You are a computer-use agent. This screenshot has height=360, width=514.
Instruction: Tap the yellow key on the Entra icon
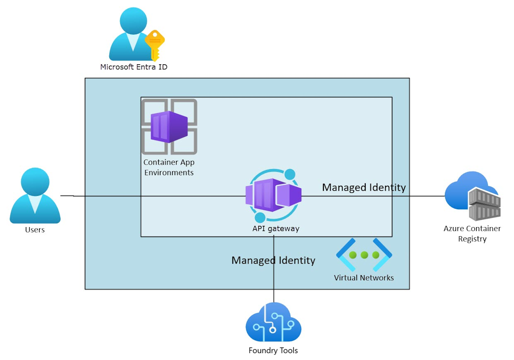(x=154, y=45)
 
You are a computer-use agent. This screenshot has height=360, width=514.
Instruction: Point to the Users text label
(x=35, y=230)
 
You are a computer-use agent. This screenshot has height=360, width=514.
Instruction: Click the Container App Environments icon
(x=169, y=126)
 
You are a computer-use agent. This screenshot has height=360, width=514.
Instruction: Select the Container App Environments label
(x=169, y=168)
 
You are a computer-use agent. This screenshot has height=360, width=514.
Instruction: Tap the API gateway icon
(x=274, y=196)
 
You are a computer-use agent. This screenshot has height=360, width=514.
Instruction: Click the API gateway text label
(x=275, y=228)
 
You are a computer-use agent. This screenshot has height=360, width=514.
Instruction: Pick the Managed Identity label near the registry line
(x=364, y=187)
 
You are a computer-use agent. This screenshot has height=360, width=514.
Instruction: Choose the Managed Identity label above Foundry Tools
(x=273, y=260)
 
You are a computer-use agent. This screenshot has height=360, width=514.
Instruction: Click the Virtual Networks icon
(x=364, y=255)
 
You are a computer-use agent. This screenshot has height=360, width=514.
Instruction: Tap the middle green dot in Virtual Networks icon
(x=364, y=255)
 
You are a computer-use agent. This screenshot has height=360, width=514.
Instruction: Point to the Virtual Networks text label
(x=364, y=278)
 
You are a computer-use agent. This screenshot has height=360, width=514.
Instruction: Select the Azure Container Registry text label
(x=472, y=234)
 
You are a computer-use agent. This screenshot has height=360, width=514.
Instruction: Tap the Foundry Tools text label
(x=273, y=351)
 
